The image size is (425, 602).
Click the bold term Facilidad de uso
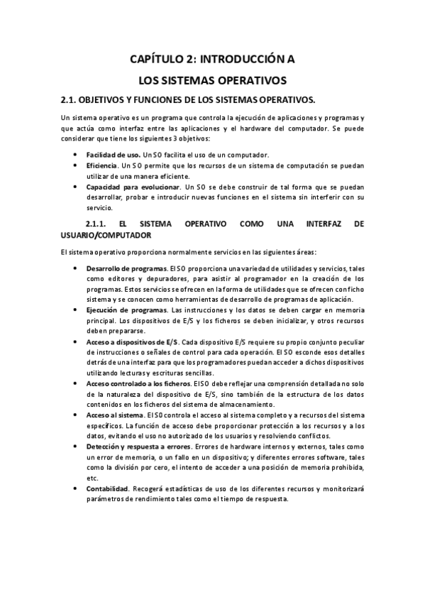tap(113, 155)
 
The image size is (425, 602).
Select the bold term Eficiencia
tap(103, 165)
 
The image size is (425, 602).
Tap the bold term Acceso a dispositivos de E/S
tap(133, 341)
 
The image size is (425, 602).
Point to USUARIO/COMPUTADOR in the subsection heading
tap(106, 234)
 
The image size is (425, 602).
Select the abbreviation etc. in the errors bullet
tap(92, 478)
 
